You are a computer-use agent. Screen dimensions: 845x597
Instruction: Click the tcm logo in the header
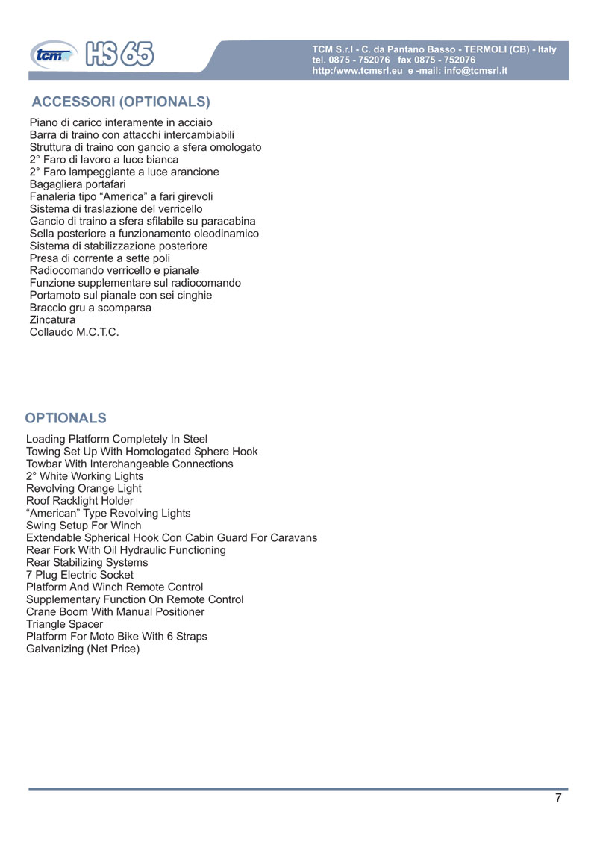[52, 54]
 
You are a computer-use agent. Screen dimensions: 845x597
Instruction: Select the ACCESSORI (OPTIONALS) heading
[121, 101]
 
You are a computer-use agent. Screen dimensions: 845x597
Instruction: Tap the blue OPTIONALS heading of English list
[66, 417]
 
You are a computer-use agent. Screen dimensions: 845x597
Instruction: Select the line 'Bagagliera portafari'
[78, 184]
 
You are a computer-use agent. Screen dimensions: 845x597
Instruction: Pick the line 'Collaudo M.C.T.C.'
[74, 332]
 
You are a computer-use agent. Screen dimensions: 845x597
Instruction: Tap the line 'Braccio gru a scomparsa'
[90, 308]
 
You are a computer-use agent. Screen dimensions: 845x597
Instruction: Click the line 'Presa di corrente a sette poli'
[100, 258]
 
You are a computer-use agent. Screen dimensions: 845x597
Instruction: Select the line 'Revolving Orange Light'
[84, 489]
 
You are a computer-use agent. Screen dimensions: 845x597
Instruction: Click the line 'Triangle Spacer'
[64, 624]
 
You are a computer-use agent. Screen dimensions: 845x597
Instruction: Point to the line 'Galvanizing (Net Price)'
[83, 649]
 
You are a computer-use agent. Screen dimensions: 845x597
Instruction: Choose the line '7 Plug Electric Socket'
[80, 575]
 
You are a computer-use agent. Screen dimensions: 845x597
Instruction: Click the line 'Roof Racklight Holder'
[80, 501]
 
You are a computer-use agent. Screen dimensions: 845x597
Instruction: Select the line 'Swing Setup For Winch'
[83, 526]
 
